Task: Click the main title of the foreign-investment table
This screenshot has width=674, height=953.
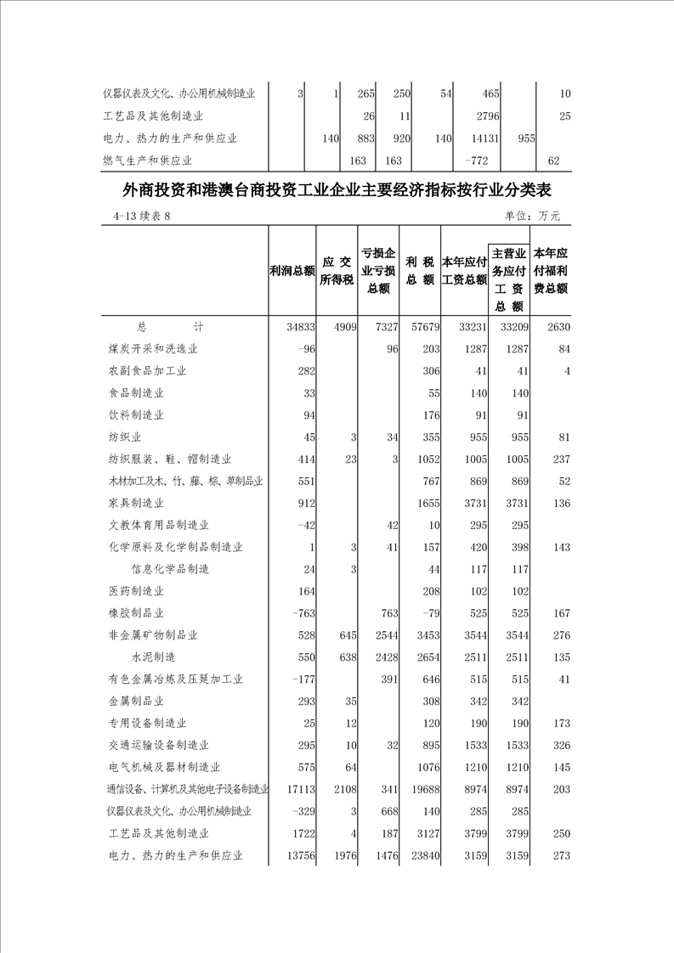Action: tap(337, 189)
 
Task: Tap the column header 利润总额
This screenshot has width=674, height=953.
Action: tap(292, 271)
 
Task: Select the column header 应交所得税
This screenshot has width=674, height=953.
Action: tap(337, 271)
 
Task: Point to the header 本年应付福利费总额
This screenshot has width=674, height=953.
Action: tap(551, 271)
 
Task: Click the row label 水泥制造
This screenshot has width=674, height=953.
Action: tap(153, 657)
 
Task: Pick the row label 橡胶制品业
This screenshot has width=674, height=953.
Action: tap(136, 613)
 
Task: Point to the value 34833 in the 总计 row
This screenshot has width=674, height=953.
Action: tap(298, 327)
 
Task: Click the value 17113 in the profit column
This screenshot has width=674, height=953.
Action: tap(298, 789)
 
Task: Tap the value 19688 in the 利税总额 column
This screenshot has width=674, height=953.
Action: tap(422, 789)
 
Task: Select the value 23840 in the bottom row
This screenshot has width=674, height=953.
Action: tap(422, 855)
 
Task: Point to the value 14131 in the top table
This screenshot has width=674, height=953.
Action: tap(481, 138)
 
